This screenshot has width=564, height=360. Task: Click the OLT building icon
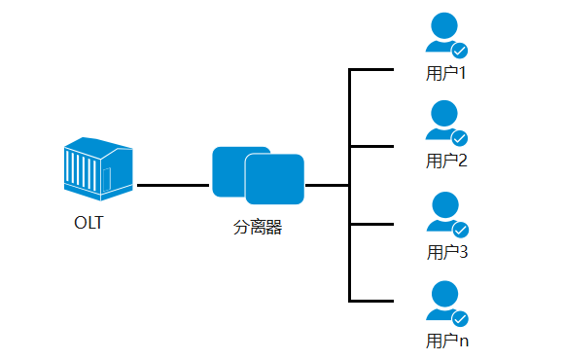[x=97, y=167]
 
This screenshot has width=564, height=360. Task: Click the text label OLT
[x=88, y=223]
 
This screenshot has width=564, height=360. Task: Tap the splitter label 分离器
[x=258, y=229]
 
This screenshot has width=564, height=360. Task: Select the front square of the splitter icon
[x=275, y=179]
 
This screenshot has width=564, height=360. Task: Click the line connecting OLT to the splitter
[x=173, y=184]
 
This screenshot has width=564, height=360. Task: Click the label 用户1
[x=447, y=73]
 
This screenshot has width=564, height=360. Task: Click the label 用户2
[x=447, y=162]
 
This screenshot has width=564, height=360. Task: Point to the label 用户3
[x=447, y=252]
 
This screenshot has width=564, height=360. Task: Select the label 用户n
[x=447, y=341]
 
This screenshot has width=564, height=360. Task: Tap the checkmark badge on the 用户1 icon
[x=460, y=50]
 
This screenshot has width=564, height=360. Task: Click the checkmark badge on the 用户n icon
[x=460, y=318]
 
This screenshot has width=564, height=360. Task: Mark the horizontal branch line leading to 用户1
[x=371, y=70]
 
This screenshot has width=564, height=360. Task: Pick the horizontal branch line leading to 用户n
[x=371, y=301]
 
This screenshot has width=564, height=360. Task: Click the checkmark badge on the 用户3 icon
[x=460, y=230]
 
